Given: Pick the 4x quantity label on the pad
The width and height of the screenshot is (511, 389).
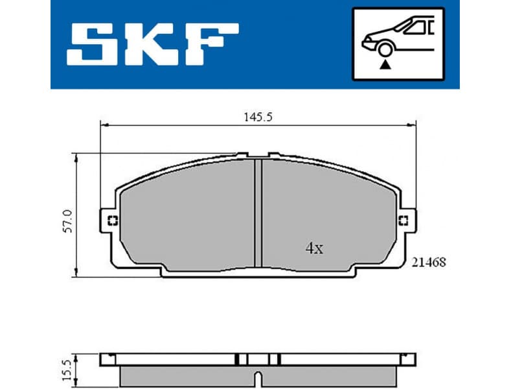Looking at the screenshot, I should (313, 248).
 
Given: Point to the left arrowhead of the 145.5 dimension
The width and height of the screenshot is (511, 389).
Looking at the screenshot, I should (102, 126).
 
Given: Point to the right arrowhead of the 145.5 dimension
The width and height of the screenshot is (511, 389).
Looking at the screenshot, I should (412, 126).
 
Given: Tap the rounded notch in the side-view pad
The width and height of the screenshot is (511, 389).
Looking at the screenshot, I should (258, 377).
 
